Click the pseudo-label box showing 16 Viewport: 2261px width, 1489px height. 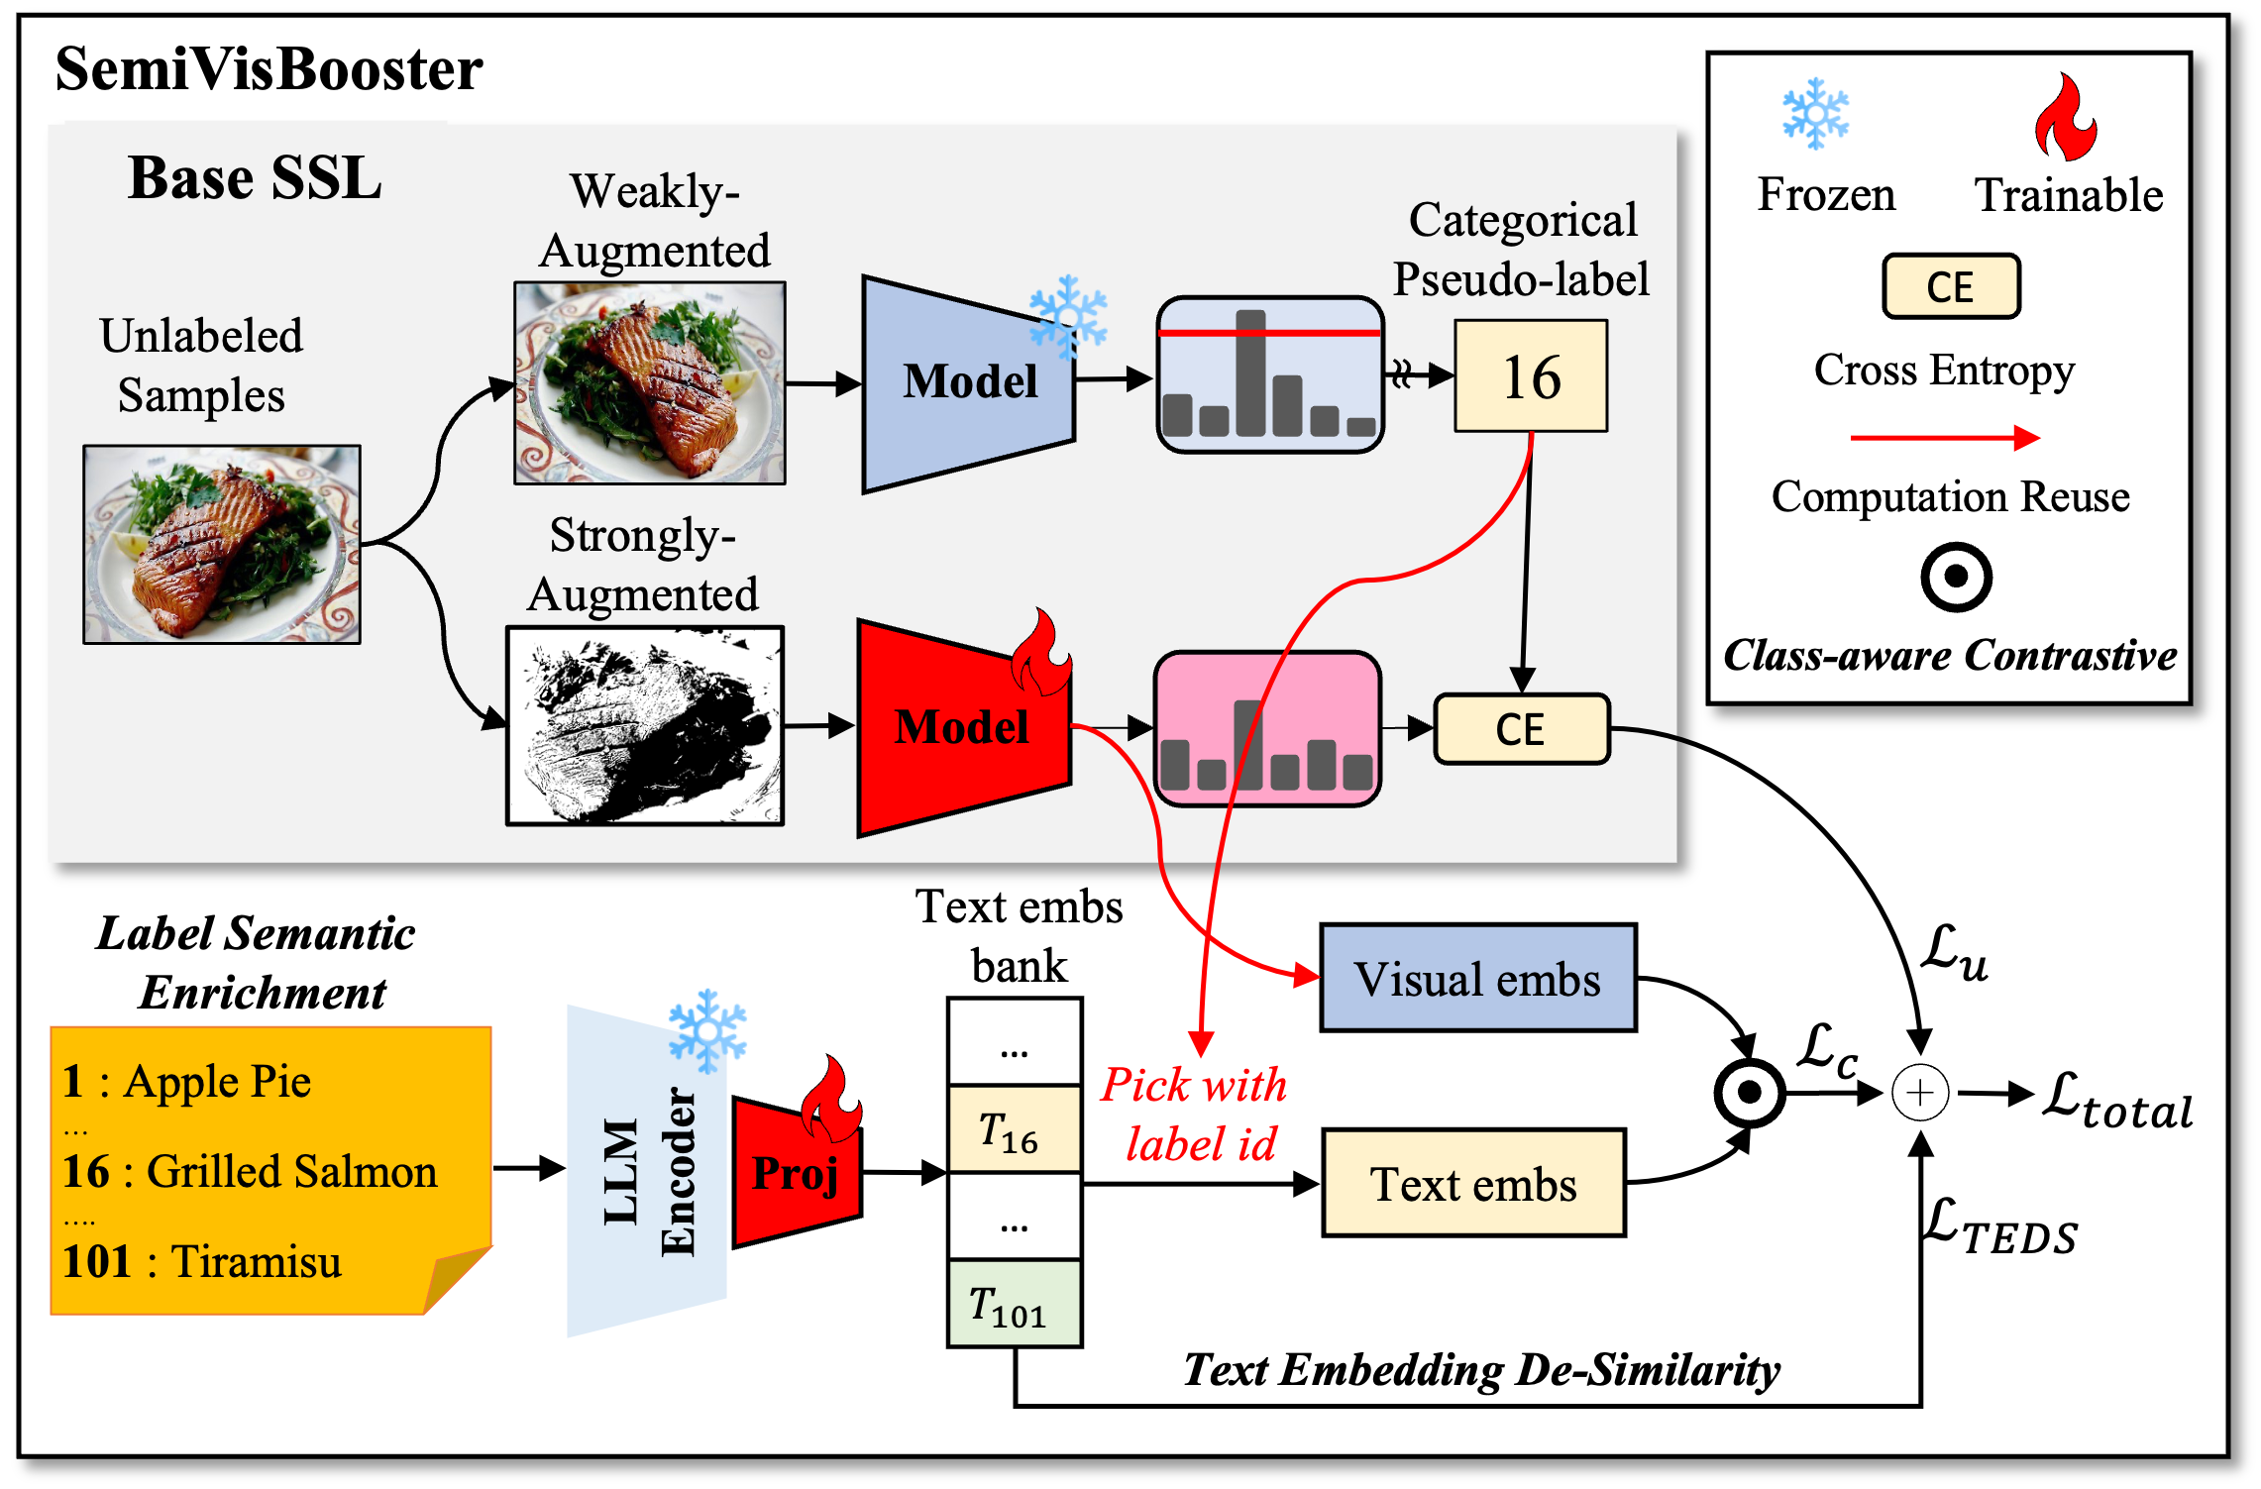[1531, 376]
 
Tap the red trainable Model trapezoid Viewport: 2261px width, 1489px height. [962, 728]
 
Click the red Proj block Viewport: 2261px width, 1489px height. [796, 1173]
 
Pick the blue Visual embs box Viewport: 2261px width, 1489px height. [1477, 979]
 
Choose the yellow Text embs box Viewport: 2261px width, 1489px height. [1473, 1184]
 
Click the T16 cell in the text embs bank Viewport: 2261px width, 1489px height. [1014, 1130]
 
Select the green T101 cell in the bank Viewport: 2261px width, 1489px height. [1014, 1305]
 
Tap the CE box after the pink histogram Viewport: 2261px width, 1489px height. [1521, 729]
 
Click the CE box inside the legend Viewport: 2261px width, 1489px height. [1950, 287]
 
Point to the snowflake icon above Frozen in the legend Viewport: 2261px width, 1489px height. [1815, 114]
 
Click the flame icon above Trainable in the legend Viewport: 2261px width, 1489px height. [2065, 119]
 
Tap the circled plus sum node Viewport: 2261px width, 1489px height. [1920, 1094]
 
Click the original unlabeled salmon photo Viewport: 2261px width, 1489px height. [222, 545]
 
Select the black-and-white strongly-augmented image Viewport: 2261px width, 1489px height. [645, 726]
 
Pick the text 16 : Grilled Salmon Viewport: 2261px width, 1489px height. [250, 1172]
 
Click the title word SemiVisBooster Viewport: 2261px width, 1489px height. [269, 69]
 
